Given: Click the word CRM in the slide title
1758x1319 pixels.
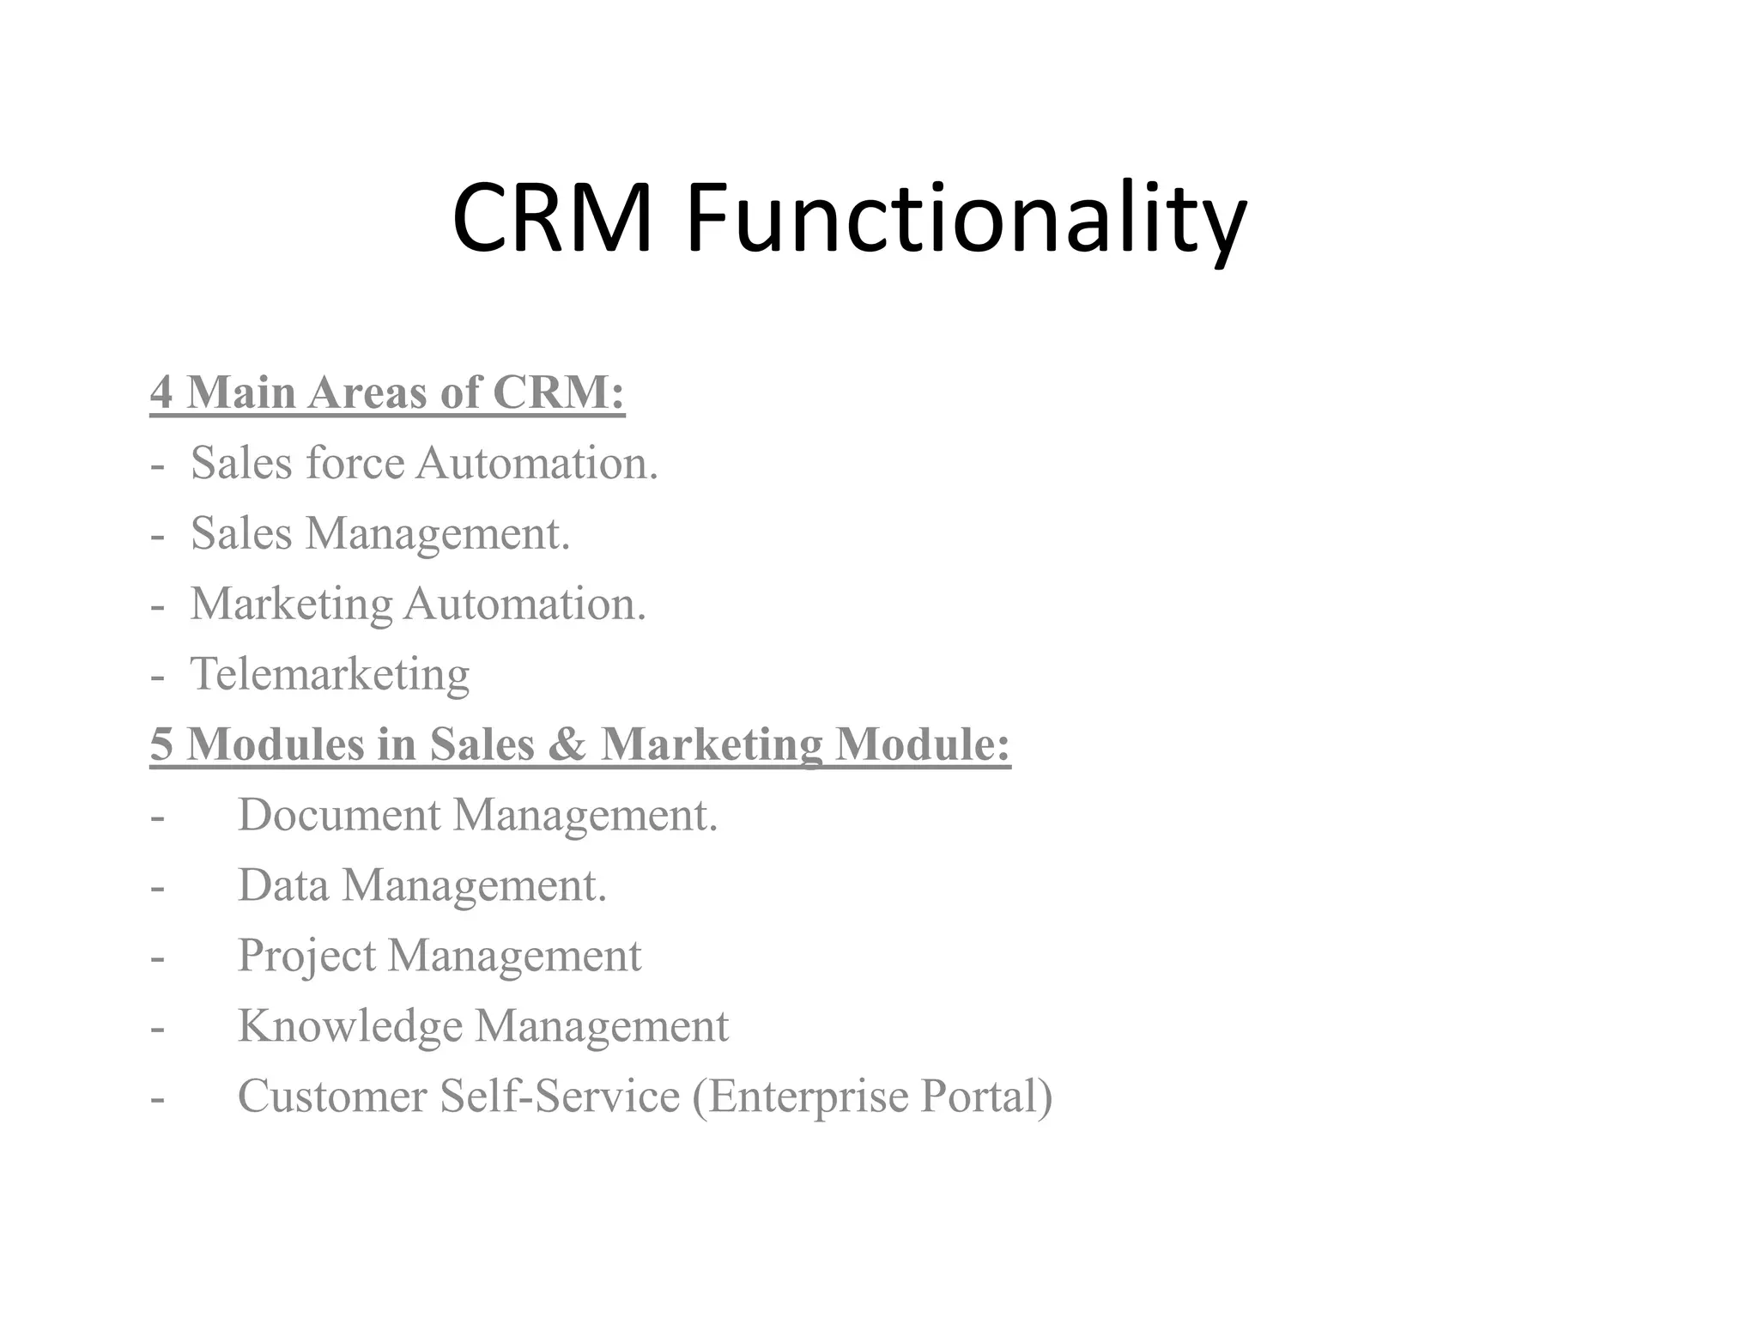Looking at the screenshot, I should pos(552,219).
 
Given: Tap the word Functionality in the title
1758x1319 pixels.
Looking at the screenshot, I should pos(966,222).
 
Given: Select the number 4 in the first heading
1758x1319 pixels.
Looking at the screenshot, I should pos(161,392).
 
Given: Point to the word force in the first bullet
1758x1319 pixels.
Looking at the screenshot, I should pos(355,463).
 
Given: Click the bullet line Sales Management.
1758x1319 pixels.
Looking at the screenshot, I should pos(379,534).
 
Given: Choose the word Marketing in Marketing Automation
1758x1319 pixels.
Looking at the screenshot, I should pos(291,605).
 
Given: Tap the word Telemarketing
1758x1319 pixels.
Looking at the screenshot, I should pos(330,674).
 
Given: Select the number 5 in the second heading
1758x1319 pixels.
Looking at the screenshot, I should pos(161,745).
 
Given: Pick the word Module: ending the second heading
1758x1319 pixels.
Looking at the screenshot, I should pos(923,745).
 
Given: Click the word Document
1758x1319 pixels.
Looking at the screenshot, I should pos(339,815).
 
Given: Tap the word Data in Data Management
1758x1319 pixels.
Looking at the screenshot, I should pos(283,885).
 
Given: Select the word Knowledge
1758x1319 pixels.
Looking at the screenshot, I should pos(349,1026).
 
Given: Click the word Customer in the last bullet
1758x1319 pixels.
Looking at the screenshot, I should pos(332,1097).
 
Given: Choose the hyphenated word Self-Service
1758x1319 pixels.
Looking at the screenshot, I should pos(560,1097).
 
